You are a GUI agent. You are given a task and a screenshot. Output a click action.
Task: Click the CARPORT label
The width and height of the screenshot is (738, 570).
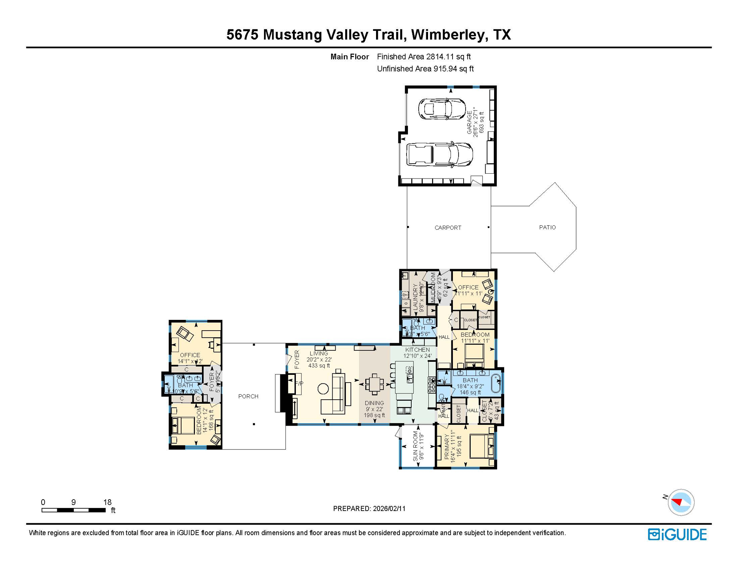pos(448,227)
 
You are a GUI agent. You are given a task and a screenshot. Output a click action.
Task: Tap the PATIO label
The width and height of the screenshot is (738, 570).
pos(547,227)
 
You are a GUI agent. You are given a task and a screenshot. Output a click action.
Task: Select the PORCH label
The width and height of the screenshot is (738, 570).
pos(248,396)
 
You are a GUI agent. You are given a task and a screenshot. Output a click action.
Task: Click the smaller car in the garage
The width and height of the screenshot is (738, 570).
pos(441,109)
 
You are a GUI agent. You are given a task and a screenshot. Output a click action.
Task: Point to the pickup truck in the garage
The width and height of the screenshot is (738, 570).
pos(439,154)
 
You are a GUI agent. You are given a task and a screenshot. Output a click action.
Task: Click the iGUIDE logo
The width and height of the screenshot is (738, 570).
pos(677,534)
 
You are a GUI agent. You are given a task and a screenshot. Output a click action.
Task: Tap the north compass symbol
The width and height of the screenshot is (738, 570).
pos(680,502)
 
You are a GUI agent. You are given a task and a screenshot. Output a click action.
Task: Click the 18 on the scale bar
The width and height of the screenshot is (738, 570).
pos(107,502)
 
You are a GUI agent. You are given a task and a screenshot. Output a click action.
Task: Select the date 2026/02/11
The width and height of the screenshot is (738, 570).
pos(388,508)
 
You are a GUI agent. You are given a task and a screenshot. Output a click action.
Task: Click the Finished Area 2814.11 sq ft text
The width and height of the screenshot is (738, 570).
pos(424,57)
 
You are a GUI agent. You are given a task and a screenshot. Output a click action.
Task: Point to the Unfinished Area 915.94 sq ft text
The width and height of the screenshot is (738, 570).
pos(425,69)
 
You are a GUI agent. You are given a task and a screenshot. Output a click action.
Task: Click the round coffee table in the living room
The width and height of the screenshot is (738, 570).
pos(323,389)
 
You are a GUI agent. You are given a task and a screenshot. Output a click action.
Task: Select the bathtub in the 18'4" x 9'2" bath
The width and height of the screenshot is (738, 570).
pos(496,383)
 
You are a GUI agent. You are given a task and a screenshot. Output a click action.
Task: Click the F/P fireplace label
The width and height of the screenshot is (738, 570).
pos(299,383)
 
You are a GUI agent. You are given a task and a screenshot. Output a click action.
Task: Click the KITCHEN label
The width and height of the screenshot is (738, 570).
pos(417,350)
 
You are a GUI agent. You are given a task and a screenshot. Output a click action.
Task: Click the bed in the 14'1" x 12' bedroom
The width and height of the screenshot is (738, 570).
pos(183,425)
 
